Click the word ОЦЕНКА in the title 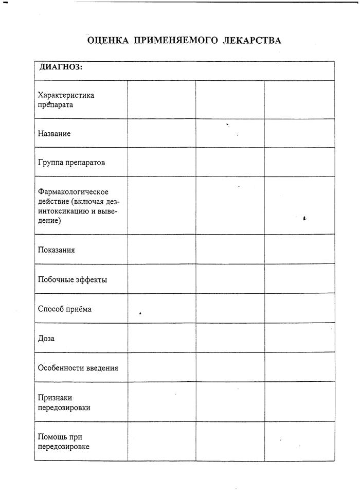click(x=108, y=41)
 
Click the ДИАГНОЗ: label click(x=61, y=67)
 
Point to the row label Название click(x=55, y=133)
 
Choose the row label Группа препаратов click(x=71, y=162)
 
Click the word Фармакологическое click(x=73, y=192)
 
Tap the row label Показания click(x=57, y=250)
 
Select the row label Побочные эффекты click(x=73, y=279)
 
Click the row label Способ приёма click(x=65, y=309)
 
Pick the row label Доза click(x=46, y=338)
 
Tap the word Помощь click(x=52, y=437)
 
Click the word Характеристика click(x=66, y=95)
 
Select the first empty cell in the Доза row click(x=161, y=338)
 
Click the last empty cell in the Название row click(x=299, y=133)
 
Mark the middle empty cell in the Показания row click(x=230, y=249)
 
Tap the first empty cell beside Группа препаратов click(x=161, y=162)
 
